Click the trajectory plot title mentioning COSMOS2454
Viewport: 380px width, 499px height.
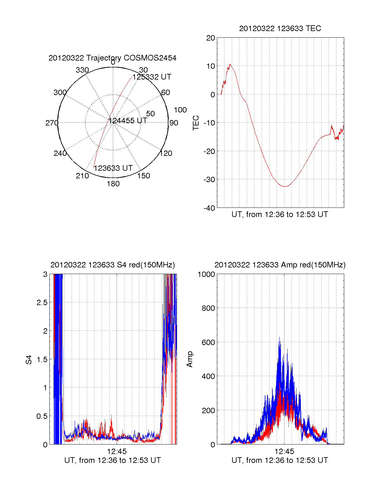112,58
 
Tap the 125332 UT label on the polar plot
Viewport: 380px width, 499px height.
152,77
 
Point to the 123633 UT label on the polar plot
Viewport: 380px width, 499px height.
113,168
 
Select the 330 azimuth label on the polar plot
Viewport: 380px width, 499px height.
82,70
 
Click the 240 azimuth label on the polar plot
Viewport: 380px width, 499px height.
60,153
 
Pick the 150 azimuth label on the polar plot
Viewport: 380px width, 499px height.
143,176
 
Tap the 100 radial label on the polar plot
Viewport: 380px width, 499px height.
180,110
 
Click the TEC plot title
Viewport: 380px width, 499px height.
280,29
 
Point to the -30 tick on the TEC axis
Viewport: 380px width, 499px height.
209,180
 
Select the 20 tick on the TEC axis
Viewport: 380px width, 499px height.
211,38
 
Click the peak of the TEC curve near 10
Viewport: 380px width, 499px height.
230,65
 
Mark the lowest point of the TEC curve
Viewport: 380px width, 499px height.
284,186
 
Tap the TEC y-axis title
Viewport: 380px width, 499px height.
196,123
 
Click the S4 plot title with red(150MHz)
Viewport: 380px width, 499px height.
112,265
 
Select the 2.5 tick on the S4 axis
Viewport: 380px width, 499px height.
42,303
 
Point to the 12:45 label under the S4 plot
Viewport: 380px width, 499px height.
117,451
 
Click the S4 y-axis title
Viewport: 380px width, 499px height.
29,360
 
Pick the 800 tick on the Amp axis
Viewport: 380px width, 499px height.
208,308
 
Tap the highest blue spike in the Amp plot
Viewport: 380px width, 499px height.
279,337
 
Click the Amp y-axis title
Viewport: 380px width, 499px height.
190,359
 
